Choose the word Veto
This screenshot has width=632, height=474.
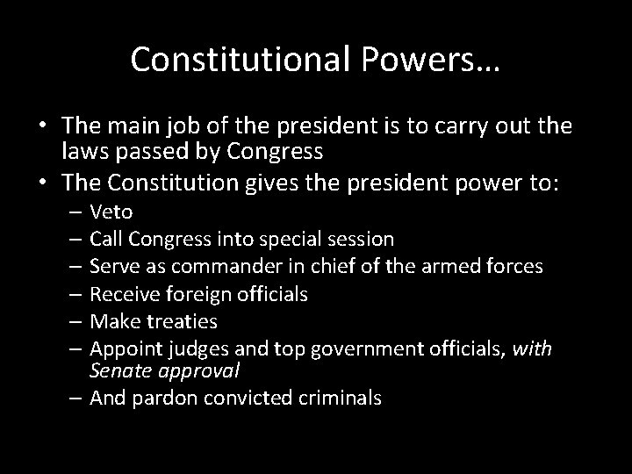(x=111, y=212)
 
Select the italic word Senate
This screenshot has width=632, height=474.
(x=118, y=371)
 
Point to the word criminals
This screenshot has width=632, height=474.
(x=338, y=399)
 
